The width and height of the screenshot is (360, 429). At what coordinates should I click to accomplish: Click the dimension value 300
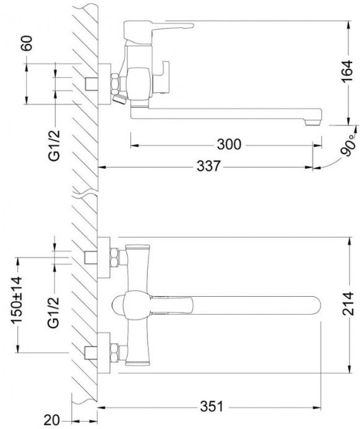(229, 144)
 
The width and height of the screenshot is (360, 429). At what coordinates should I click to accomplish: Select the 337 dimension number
(208, 166)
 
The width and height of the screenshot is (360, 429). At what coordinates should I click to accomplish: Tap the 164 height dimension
(348, 72)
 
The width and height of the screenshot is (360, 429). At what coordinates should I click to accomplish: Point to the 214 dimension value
(348, 304)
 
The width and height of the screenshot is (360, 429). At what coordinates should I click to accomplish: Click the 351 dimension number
(212, 407)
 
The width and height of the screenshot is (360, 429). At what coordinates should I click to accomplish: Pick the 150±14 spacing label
(16, 300)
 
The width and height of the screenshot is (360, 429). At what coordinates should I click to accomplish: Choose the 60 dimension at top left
(27, 43)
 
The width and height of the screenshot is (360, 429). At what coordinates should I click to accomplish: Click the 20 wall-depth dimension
(51, 420)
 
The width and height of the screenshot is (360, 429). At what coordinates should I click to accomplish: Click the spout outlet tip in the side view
(312, 122)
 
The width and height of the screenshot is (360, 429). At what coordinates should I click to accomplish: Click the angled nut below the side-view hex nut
(119, 99)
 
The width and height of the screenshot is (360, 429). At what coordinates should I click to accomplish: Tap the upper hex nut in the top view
(114, 257)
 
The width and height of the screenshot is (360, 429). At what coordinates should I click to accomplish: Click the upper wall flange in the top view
(104, 257)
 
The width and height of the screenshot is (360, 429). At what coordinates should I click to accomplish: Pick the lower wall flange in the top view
(104, 353)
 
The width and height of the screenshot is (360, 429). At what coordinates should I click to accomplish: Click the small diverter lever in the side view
(162, 78)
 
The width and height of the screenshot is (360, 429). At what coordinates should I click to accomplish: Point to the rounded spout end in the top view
(315, 305)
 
